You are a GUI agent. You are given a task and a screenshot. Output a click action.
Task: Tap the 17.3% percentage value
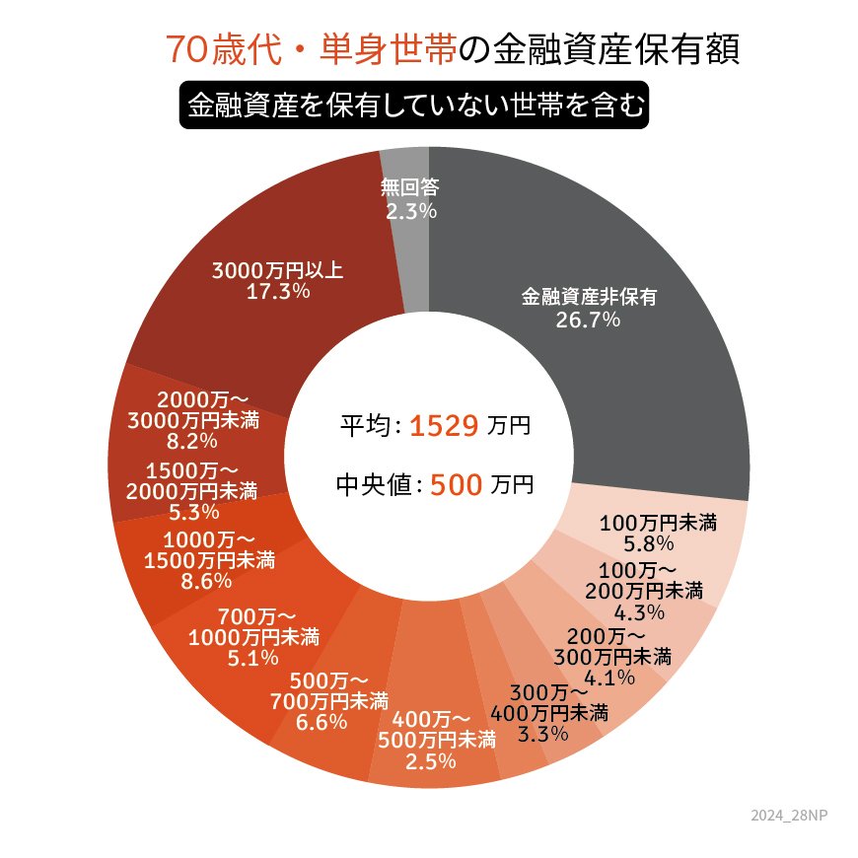coord(279,292)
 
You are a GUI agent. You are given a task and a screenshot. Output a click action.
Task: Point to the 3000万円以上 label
coord(278,270)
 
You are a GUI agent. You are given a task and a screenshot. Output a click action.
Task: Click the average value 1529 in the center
coord(444,426)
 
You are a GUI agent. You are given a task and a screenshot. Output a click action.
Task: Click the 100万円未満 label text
coord(658,522)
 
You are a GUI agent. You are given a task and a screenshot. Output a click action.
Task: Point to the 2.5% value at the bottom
coord(430,761)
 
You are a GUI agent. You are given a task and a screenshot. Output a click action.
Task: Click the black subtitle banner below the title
coord(413,105)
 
